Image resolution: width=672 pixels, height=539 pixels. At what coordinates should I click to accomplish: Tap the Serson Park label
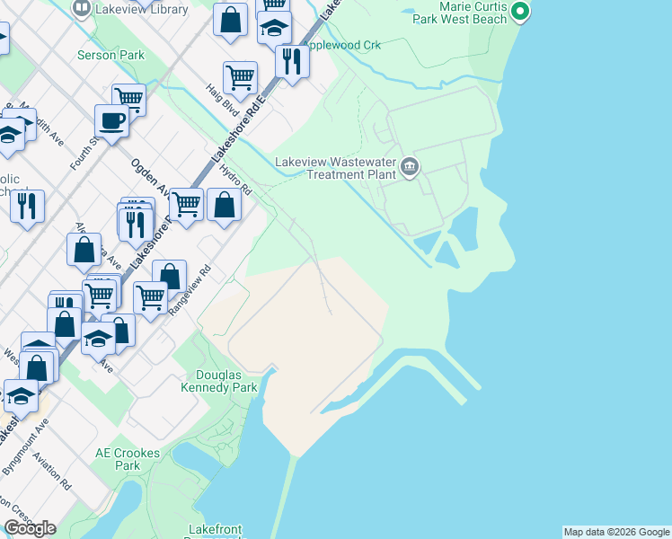pos(110,55)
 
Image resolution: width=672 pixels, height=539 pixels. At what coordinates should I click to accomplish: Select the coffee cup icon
pos(112,121)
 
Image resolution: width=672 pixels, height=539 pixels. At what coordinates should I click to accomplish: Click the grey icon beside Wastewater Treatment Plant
pos(411,166)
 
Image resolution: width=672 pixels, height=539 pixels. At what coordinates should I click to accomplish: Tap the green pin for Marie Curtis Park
pos(518,11)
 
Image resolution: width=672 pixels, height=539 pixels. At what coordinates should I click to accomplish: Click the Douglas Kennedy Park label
pos(227,381)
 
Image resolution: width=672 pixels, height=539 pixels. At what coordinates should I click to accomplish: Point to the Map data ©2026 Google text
pos(616,532)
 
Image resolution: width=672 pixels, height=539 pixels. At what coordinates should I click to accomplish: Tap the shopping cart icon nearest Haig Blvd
pos(240,78)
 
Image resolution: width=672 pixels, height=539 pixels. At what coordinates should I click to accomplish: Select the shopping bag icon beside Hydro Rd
pos(224,204)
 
